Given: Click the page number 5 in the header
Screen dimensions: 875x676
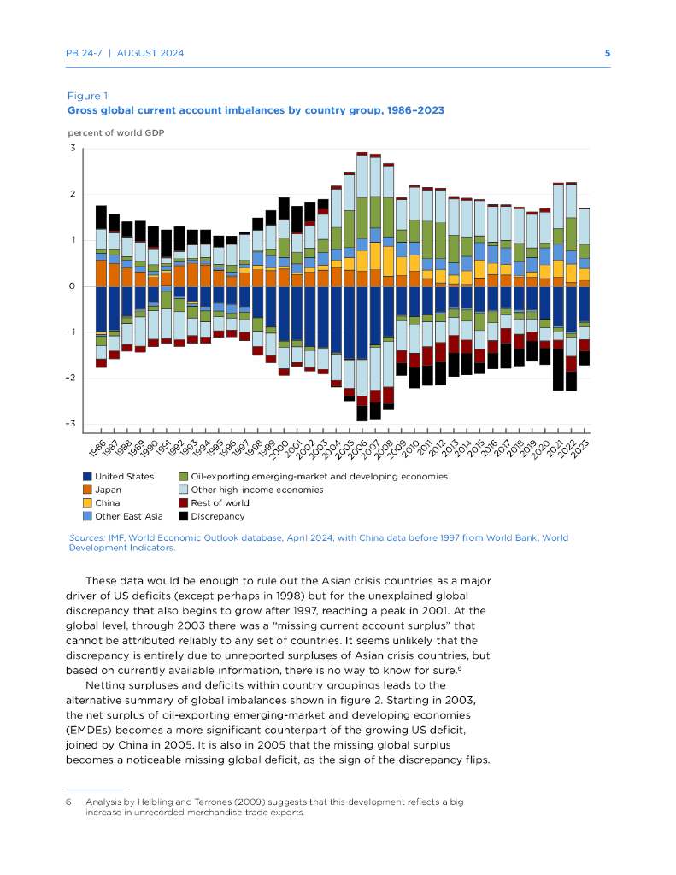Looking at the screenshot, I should (x=607, y=53).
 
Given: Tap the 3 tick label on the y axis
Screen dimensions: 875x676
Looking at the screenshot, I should (x=73, y=149).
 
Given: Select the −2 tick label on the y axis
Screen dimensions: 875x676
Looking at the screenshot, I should (x=72, y=378).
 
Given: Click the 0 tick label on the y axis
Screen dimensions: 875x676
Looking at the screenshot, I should (x=73, y=286).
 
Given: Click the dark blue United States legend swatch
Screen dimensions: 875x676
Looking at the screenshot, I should (x=87, y=476).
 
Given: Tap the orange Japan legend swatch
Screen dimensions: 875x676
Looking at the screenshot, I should (x=87, y=490).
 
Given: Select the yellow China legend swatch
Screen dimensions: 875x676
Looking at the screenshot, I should (x=87, y=502).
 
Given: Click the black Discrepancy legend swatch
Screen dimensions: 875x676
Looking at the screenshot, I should (x=184, y=516).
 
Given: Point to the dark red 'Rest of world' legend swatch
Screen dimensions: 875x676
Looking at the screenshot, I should (x=184, y=502).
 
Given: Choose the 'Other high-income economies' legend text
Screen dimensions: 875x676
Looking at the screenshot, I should (x=244, y=490).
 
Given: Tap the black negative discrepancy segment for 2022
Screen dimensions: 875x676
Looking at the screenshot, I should (x=572, y=380).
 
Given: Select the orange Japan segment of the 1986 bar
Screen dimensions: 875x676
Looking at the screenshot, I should (x=101, y=273).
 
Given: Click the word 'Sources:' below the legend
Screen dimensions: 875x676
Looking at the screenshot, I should (x=85, y=537).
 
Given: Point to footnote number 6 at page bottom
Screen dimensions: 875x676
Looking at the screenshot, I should (x=68, y=802).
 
